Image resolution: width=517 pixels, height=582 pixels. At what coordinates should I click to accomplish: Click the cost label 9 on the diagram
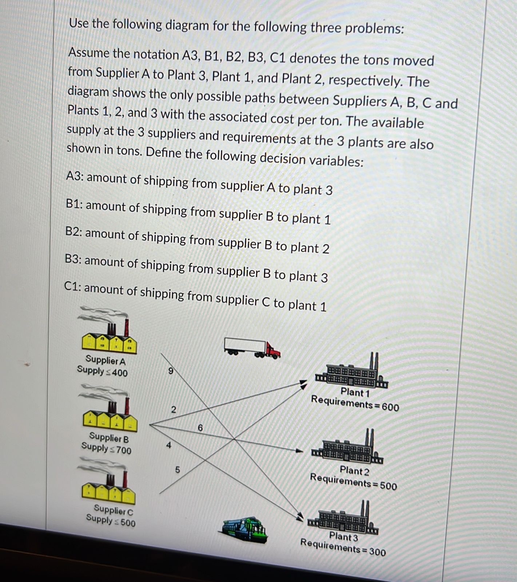point(170,371)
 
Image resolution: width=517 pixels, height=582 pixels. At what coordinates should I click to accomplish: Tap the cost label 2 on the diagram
point(173,410)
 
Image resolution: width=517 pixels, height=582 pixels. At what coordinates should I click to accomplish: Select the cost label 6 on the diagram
point(200,428)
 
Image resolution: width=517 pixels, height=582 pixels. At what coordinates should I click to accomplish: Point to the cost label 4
point(168,445)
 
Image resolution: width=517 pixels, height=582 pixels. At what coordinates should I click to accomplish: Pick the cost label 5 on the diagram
point(178,470)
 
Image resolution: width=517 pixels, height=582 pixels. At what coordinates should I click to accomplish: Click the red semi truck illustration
point(252,348)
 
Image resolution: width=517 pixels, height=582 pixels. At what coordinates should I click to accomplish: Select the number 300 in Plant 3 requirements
point(377,552)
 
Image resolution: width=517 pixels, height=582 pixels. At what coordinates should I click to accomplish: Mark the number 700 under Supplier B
point(124,450)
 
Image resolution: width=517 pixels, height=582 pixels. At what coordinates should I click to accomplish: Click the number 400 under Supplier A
point(120,373)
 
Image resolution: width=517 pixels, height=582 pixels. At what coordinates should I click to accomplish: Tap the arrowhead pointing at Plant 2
point(299,451)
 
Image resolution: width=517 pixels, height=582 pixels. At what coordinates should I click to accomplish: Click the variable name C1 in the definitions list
point(72,286)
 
